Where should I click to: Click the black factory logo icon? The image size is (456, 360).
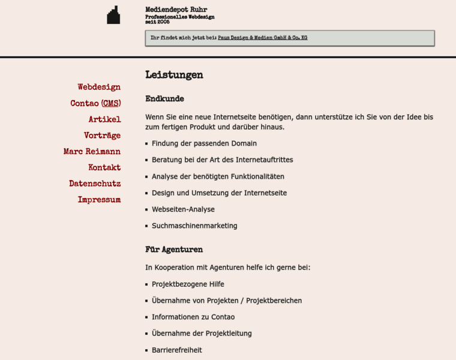113,16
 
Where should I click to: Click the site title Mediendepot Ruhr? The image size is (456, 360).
176,10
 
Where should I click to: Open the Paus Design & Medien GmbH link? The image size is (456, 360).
262,38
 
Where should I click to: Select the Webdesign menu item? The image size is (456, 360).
99,87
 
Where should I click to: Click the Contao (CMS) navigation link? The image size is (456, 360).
95,103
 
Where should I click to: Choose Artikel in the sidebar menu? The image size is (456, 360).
104,119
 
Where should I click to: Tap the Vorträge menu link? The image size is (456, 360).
102,136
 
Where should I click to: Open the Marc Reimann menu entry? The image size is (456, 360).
92,152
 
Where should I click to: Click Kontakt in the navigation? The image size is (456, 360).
104,167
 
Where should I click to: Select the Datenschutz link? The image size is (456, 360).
95,184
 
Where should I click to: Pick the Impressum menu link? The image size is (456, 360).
99,200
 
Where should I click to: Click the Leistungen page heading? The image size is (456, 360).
174,75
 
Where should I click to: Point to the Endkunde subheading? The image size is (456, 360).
164,99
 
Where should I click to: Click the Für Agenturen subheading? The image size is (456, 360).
174,250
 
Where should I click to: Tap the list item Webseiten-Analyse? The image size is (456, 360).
183,209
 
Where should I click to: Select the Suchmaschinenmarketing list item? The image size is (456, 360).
194,226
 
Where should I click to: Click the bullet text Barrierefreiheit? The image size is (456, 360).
177,350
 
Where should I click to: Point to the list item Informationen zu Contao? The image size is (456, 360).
193,317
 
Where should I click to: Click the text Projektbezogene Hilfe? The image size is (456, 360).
188,284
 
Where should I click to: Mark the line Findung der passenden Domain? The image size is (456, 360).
204,143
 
